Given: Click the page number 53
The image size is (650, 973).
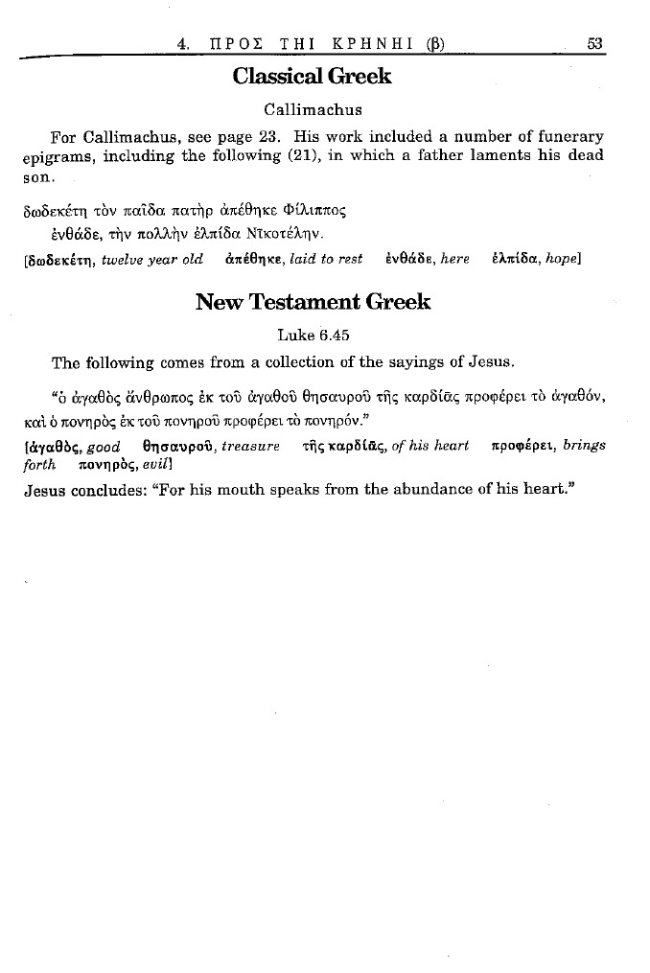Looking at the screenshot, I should pyautogui.click(x=593, y=42).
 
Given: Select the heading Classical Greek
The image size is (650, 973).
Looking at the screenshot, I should pyautogui.click(x=312, y=77).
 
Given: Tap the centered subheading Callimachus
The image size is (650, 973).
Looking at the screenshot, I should pyautogui.click(x=312, y=109).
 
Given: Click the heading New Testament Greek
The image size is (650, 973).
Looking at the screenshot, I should pyautogui.click(x=313, y=303).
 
